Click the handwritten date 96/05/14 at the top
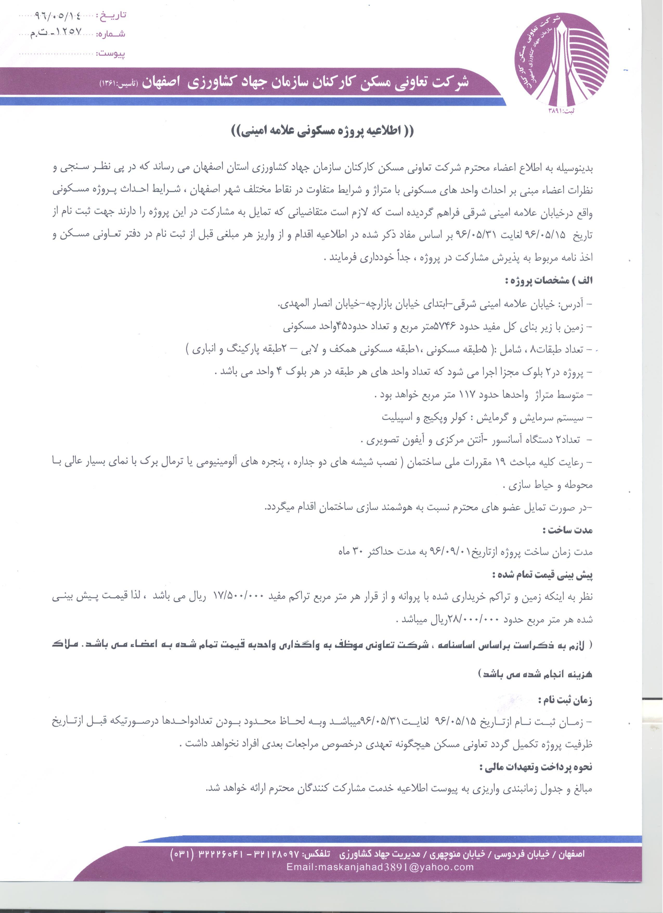click(x=58, y=16)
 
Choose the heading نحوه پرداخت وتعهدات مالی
click(x=536, y=767)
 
